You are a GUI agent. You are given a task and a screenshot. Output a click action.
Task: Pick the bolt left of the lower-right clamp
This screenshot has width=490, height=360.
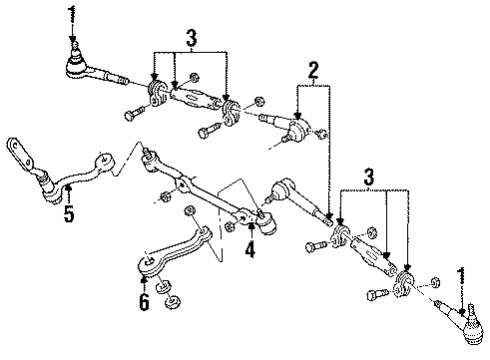click(x=374, y=293)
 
